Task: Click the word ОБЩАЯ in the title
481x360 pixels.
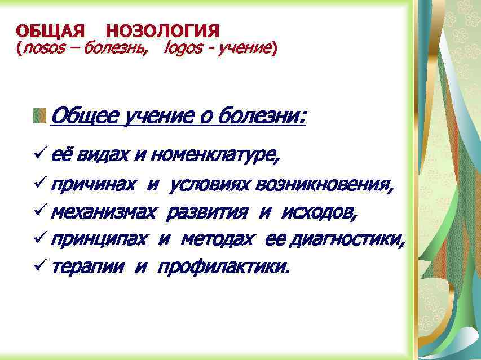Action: click(x=50, y=31)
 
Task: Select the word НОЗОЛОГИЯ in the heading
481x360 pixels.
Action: click(x=162, y=31)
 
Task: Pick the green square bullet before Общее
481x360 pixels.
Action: click(x=39, y=116)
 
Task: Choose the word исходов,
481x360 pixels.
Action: click(x=319, y=212)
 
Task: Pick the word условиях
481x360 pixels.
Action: click(x=211, y=184)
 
